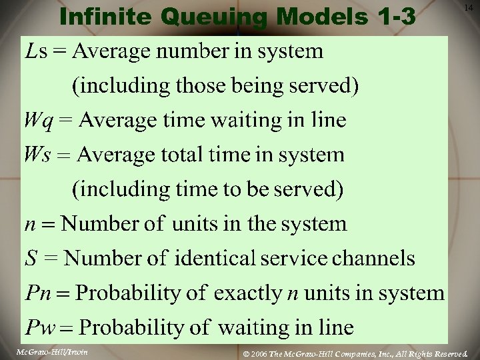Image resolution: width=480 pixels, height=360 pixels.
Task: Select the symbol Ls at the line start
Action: click(36, 51)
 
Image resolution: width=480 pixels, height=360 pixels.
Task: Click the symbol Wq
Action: click(37, 121)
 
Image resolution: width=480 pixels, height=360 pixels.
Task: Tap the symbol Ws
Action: click(36, 155)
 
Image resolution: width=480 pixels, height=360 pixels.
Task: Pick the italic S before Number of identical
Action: click(31, 258)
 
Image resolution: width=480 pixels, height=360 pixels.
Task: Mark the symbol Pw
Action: click(38, 328)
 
